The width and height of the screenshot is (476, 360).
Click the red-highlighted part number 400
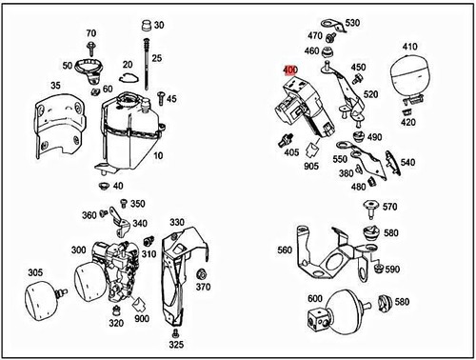290,70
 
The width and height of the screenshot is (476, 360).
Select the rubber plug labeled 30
147,26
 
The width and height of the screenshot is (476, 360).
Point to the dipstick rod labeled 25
147,65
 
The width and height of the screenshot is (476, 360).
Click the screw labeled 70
90,49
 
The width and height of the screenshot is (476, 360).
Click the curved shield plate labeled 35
58,126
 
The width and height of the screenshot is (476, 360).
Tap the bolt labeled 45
161,97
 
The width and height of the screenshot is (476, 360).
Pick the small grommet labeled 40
104,186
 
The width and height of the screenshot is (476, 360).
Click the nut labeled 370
201,274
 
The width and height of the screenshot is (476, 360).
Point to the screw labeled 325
174,333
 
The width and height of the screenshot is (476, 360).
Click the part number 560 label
285,250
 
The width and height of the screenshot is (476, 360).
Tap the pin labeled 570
371,209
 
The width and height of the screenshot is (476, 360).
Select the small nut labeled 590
378,269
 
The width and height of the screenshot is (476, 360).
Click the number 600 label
315,298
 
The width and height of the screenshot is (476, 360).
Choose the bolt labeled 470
330,38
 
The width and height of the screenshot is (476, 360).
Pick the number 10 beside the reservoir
158,155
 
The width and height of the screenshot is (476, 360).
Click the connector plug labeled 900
138,306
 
